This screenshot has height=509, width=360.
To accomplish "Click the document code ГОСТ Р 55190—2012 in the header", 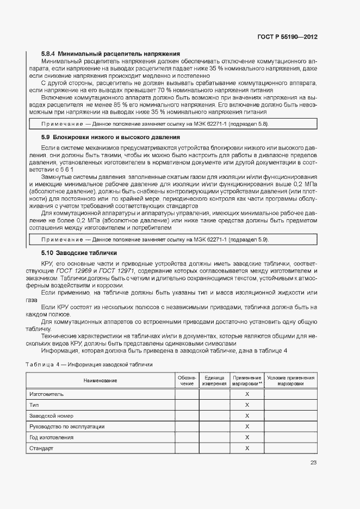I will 287,38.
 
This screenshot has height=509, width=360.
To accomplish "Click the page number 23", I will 314,463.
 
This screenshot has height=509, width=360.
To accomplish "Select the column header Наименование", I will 100,381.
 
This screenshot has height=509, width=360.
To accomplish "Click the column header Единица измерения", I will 214,381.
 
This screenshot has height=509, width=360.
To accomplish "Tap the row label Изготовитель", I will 47,394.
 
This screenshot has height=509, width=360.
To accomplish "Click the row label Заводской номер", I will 51,415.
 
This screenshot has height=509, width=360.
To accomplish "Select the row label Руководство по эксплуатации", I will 67,426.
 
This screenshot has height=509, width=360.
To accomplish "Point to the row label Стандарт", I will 41,448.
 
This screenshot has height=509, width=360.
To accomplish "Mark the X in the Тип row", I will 247,405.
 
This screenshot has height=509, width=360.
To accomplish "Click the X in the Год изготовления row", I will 247,437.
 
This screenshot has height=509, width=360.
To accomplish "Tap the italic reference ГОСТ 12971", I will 115,270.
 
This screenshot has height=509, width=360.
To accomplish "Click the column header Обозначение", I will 187,381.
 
